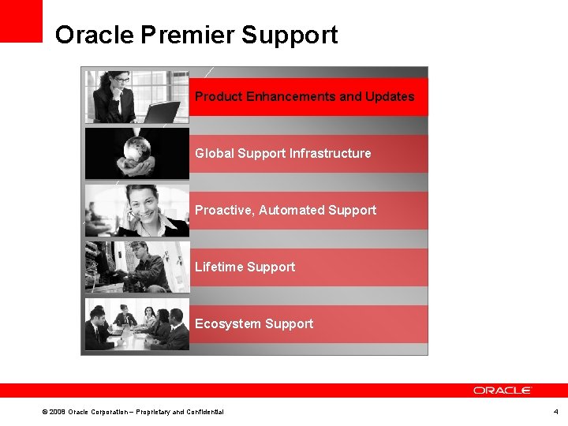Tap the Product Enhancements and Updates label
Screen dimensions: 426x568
[305, 96]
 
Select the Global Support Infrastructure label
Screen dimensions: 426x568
[282, 153]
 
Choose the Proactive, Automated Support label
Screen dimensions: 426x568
[286, 210]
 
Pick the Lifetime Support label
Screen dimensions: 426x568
[245, 267]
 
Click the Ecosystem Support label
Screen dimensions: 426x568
[254, 323]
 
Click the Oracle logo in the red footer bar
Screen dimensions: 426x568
[503, 390]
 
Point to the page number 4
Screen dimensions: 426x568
[555, 412]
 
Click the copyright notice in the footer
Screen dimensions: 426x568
[133, 412]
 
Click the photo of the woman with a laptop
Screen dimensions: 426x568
[136, 96]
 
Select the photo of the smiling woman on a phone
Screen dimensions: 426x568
[136, 211]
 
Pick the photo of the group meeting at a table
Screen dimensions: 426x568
[136, 323]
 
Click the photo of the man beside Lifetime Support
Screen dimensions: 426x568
[136, 267]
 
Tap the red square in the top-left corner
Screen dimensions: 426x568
[21, 21]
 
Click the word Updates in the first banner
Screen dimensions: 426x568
[388, 96]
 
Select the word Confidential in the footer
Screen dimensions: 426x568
[204, 412]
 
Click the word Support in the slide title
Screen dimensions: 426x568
[290, 35]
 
